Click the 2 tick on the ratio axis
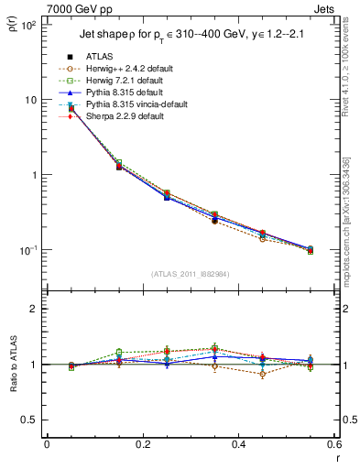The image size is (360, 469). (34, 309)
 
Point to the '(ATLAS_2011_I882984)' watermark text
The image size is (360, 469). (190, 274)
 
